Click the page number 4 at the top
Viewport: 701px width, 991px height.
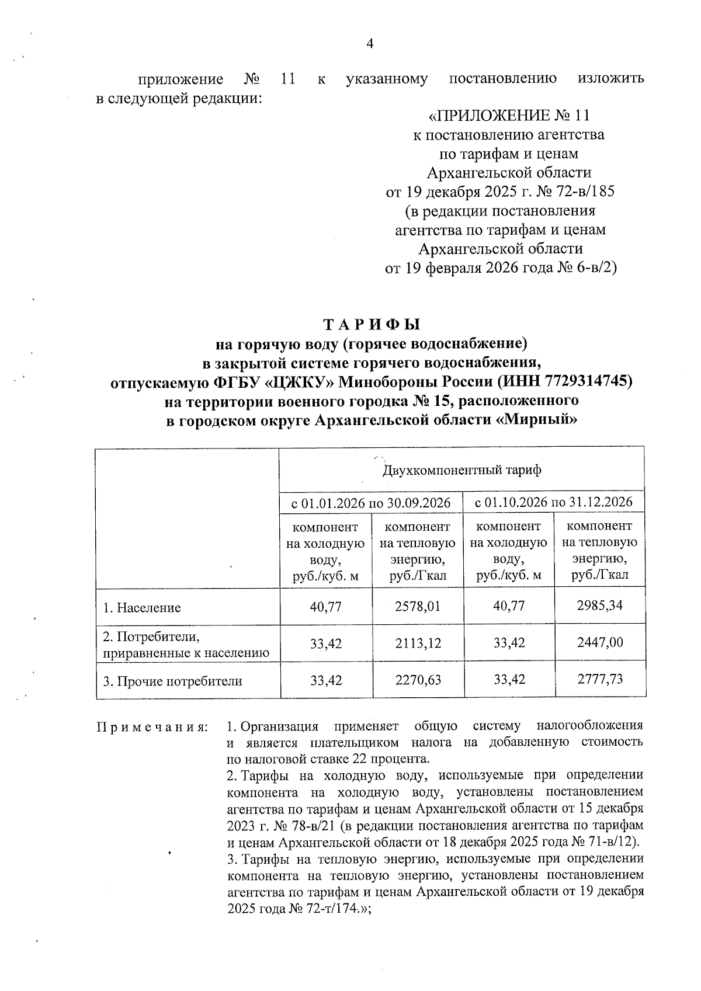point(369,44)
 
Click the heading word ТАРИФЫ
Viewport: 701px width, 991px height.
point(372,325)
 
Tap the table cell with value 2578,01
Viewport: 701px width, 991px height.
point(418,606)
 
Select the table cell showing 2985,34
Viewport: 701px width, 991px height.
point(599,605)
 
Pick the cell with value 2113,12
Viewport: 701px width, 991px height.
point(418,644)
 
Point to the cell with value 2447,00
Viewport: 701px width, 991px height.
point(599,642)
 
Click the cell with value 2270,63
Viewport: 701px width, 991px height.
point(418,680)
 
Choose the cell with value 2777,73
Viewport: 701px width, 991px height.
point(599,679)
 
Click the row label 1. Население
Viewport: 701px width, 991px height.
point(142,608)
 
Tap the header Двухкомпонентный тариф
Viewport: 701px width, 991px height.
point(461,470)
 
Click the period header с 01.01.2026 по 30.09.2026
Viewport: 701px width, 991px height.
point(371,503)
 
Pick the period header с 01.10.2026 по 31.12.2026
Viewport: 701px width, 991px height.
point(554,502)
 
